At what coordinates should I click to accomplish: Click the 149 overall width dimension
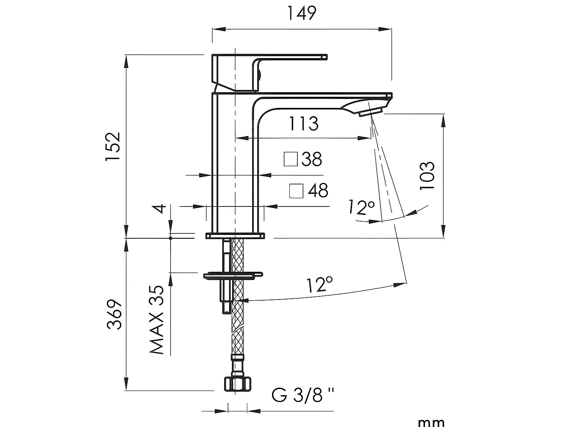(x=302, y=14)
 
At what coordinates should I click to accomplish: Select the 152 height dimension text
(x=113, y=147)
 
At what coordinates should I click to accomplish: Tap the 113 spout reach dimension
(x=303, y=124)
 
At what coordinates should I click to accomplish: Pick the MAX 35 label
(x=157, y=320)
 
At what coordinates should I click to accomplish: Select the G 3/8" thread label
(x=302, y=395)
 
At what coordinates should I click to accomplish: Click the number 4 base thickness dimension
(x=161, y=208)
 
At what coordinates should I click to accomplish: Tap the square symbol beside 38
(x=291, y=159)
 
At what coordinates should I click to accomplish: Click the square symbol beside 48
(x=296, y=191)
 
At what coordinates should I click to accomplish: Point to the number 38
(x=312, y=159)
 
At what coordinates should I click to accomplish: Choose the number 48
(x=318, y=191)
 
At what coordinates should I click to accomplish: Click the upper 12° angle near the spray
(x=362, y=207)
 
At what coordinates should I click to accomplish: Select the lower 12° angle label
(x=319, y=285)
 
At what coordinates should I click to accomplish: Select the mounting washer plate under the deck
(x=232, y=275)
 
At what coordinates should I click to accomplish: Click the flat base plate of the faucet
(x=234, y=236)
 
